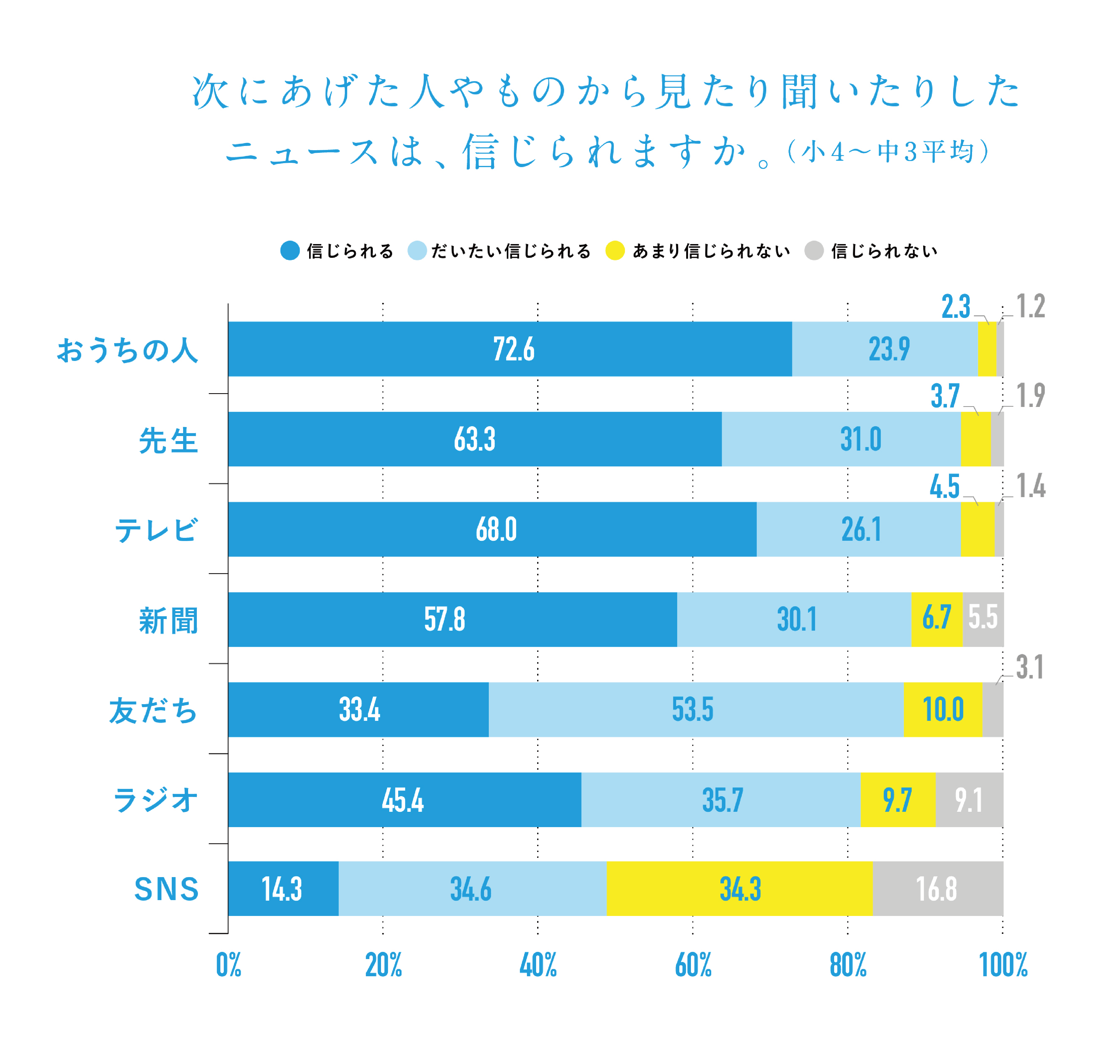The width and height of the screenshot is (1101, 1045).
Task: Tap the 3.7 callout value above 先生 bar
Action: tap(945, 396)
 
